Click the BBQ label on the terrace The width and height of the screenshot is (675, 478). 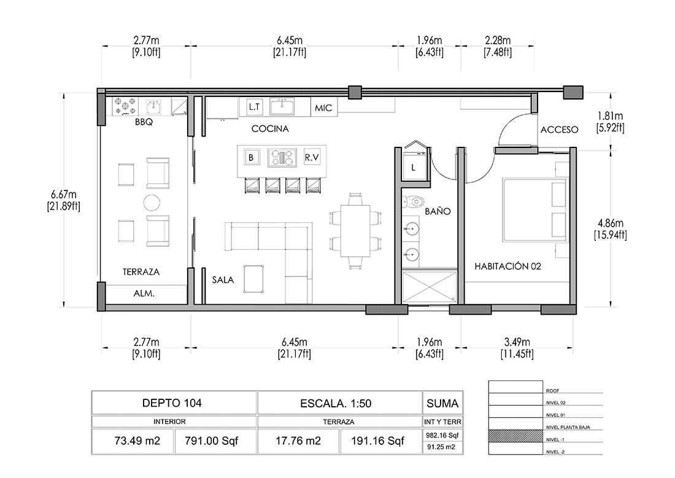144,122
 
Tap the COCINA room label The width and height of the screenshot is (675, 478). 270,128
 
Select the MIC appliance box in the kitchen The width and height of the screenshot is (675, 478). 324,108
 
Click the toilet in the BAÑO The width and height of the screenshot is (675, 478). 413,202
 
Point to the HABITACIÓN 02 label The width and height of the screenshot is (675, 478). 507,267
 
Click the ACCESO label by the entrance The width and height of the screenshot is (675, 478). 559,129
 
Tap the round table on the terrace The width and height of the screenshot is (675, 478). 152,202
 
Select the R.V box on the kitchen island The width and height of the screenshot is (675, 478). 311,157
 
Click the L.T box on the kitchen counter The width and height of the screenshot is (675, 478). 255,106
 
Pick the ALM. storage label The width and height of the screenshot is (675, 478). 144,294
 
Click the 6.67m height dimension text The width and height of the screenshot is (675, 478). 64,194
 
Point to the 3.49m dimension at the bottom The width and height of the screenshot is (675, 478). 517,342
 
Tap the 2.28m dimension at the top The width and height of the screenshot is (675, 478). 498,41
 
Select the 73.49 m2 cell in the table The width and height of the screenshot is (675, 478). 137,441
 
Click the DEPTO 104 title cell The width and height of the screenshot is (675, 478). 172,403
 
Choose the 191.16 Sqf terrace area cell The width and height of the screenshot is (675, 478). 377,441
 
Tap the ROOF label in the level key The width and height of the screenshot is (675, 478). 553,391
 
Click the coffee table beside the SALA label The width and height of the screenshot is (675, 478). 253,279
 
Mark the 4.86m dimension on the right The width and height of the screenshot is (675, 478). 611,223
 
